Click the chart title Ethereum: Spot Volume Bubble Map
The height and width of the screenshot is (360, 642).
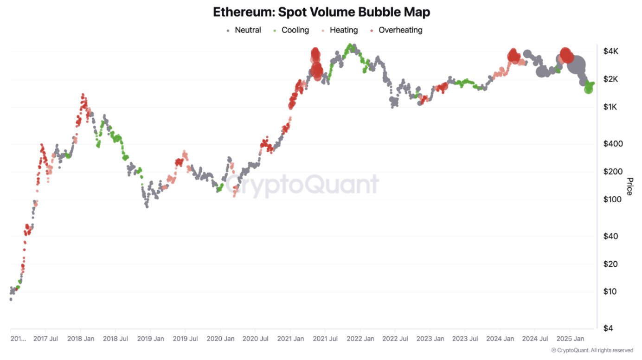[321, 12]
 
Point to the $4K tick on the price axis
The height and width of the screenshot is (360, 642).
[610, 51]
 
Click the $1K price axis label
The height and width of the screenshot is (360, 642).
[610, 107]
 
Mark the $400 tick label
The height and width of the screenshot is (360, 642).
[612, 144]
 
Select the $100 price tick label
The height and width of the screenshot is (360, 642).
[612, 199]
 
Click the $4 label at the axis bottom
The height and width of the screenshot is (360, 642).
[609, 328]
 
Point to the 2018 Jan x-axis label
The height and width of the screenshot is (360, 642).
[81, 339]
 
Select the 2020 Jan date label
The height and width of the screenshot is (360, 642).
[221, 339]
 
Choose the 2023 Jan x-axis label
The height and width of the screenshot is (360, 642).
[430, 339]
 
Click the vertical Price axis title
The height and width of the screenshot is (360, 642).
[629, 186]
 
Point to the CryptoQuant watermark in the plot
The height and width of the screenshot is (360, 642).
[302, 184]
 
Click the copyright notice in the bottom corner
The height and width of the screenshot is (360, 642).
[592, 350]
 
